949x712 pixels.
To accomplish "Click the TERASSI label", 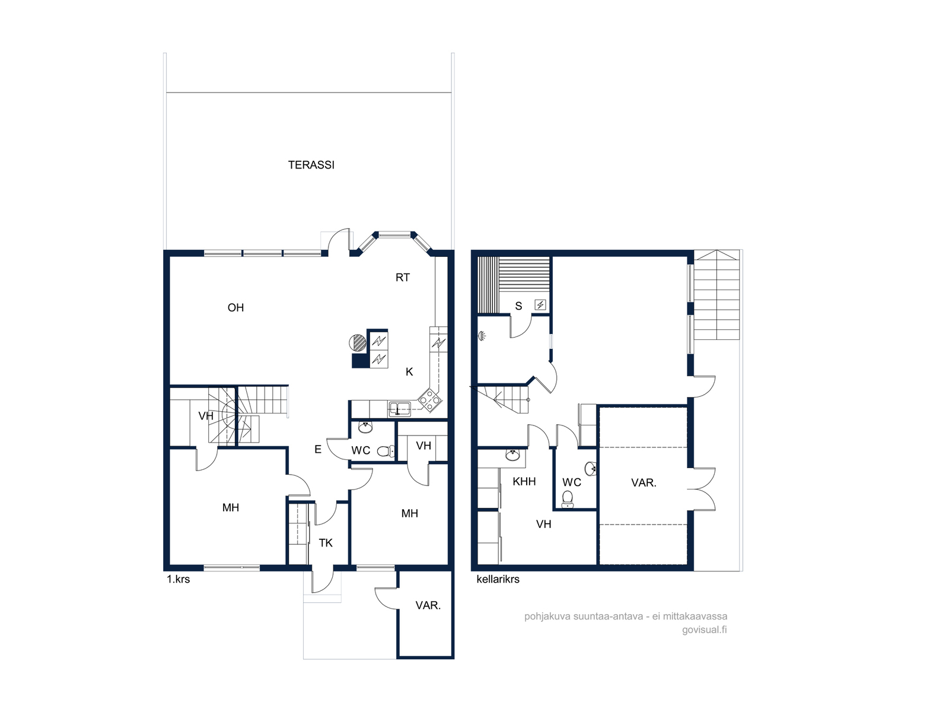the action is (311, 165).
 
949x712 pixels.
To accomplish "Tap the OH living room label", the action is (235, 307).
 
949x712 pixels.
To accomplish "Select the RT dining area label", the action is (403, 278).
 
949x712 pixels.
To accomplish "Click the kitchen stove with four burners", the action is (429, 399).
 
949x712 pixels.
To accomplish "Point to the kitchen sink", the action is (400, 409).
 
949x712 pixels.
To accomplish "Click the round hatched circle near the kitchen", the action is (357, 343).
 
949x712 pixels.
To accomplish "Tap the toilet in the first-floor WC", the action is (386, 452).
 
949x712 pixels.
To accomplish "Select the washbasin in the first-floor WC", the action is (366, 428).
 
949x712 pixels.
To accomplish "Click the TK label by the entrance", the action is (326, 543).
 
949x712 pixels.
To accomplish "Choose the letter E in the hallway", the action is (318, 450).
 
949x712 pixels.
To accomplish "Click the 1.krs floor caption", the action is (178, 579).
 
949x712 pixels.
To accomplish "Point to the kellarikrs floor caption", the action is (498, 579).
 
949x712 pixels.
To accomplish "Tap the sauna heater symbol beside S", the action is (540, 305).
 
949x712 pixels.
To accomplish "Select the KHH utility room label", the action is (524, 481).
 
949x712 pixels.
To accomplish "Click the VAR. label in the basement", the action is (644, 482).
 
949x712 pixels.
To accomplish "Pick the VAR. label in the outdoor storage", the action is (428, 605).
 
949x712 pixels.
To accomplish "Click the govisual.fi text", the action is (704, 630).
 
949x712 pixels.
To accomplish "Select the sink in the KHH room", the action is (513, 454).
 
